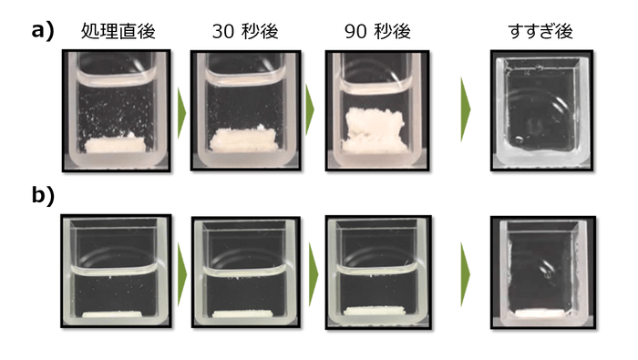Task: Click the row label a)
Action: click(43, 30)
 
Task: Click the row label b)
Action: click(43, 195)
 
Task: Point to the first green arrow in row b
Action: click(182, 272)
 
